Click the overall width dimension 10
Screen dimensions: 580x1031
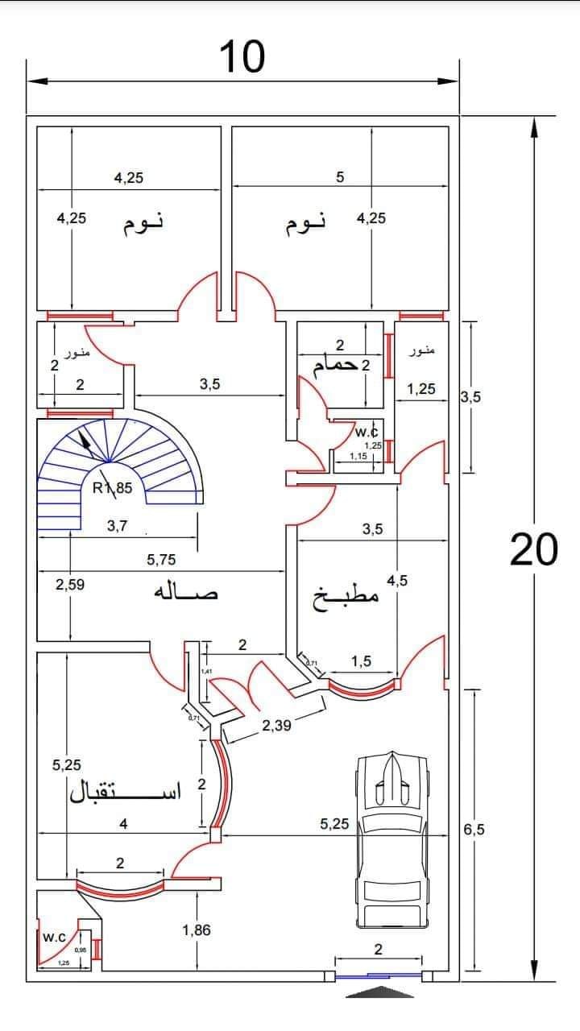[x=242, y=57]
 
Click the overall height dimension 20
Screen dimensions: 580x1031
[x=533, y=551]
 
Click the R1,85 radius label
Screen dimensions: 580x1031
[x=112, y=487]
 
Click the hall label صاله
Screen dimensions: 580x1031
[x=186, y=593]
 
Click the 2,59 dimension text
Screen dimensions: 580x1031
[x=71, y=585]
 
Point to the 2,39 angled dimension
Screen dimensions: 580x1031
[x=276, y=726]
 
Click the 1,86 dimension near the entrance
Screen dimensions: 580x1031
[x=196, y=930]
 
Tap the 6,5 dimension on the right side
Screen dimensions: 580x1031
[x=474, y=830]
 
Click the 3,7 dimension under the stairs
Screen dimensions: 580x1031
[x=118, y=526]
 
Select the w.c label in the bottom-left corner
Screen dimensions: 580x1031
[x=54, y=938]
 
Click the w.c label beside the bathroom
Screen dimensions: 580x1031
[x=367, y=433]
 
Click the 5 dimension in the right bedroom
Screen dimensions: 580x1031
[x=340, y=177]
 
